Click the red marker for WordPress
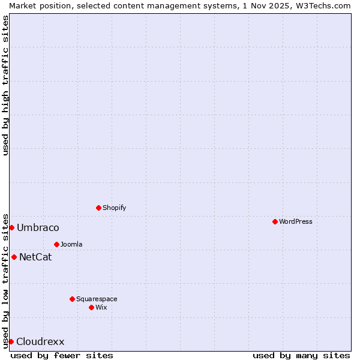[275, 221]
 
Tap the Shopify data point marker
[98, 208]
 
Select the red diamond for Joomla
[56, 244]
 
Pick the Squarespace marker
[72, 299]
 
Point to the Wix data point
[91, 307]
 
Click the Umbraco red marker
[11, 227]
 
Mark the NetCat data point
[14, 257]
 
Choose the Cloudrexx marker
[11, 341]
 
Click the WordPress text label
[296, 221]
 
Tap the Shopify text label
[115, 208]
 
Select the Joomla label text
[71, 244]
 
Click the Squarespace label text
[97, 299]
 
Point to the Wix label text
[101, 307]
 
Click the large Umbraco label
[38, 227]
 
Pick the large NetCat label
[35, 257]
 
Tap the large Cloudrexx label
[40, 342]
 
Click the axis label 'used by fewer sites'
[62, 355]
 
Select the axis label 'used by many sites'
[301, 355]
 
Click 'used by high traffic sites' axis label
[5, 85]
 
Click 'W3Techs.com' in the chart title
[322, 5]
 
